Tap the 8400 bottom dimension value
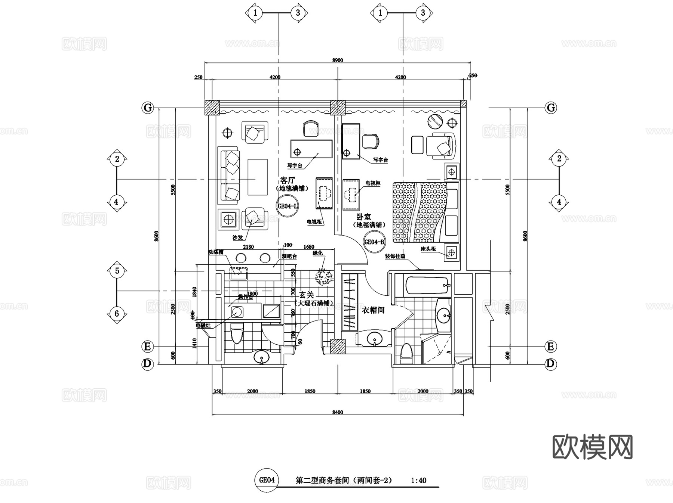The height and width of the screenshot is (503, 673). pos(337,412)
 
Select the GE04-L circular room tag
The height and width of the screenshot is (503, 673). pos(288,206)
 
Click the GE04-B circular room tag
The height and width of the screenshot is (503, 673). pos(374,242)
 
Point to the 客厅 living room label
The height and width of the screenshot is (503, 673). pos(288,180)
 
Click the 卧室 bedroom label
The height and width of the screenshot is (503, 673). pos(363,217)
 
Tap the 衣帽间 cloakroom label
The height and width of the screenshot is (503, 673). pos(373,310)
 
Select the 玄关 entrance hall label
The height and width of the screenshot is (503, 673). pos(307,295)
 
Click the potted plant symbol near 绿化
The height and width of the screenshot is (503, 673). pos(324,277)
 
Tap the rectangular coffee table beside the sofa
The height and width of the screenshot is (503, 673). pos(257,177)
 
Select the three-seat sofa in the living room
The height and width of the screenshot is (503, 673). pos(228,175)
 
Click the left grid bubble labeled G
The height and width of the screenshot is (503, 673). pos(148,108)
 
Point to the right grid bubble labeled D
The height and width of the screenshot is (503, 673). pos(550,364)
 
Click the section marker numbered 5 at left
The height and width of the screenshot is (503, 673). pos(117,271)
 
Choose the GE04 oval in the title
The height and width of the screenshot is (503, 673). pos(267,480)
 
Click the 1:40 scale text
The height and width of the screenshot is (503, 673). pos(418,481)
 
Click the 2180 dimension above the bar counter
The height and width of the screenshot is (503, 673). pos(248,247)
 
